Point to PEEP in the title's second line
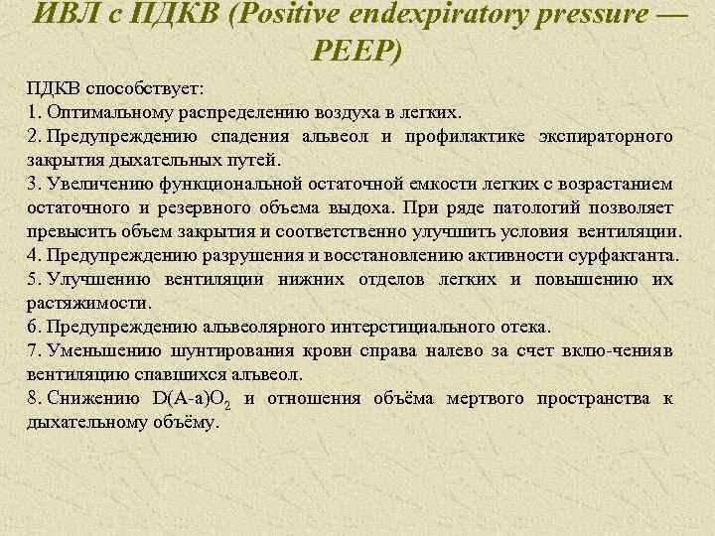click(357, 50)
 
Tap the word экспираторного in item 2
click(607, 136)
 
